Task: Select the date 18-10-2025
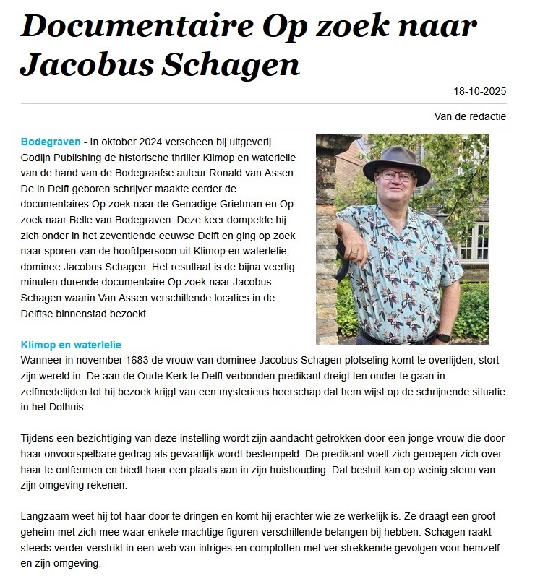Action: tap(479, 91)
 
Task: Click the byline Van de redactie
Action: tap(470, 116)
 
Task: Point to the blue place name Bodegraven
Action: tap(51, 141)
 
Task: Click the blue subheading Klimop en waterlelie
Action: tap(72, 345)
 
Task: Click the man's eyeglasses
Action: tap(396, 175)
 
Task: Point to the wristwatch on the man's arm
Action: tap(444, 337)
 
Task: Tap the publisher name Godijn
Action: tap(39, 157)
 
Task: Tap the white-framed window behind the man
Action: tap(474, 243)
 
